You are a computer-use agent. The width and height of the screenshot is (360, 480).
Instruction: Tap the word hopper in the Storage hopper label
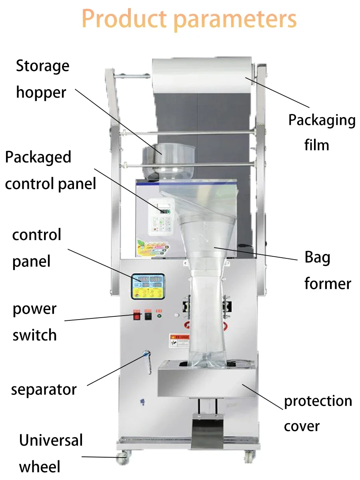point(41,92)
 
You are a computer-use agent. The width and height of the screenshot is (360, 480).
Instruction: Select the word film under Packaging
point(316,144)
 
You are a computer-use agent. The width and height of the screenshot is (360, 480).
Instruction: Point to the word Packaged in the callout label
point(38,157)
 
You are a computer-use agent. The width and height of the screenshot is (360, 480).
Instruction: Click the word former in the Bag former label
point(327,284)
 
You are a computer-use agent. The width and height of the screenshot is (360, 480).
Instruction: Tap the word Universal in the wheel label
point(51,440)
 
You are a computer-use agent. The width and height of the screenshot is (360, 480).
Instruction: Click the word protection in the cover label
point(318,401)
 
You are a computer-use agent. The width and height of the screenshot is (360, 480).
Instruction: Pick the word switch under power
point(34,335)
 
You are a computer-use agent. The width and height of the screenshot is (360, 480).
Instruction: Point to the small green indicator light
point(159,316)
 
